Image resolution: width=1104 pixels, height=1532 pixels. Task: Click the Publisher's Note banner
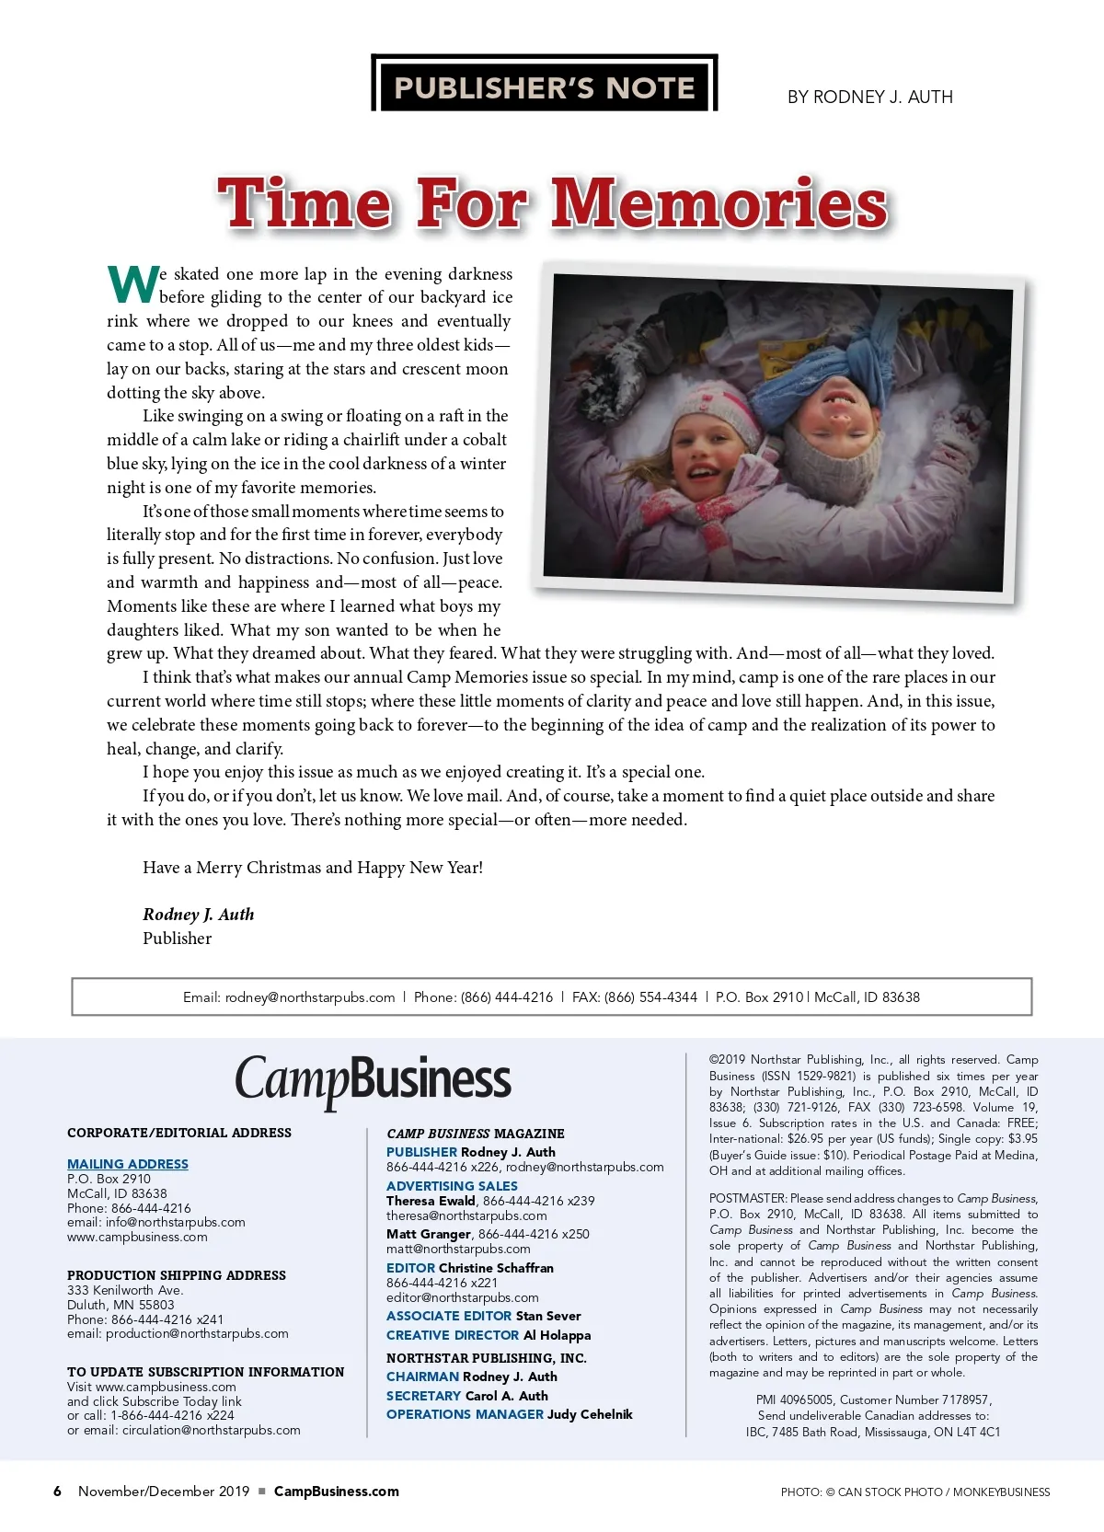tap(544, 86)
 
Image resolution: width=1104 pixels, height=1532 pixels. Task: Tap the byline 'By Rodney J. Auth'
tap(869, 97)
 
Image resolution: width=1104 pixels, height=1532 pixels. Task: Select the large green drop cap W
tap(133, 284)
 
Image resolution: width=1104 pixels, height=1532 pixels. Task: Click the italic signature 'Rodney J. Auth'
tap(198, 914)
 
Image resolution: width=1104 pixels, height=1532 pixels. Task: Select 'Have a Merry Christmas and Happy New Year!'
tap(313, 867)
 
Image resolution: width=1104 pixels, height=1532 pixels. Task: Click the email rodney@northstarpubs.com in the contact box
tap(310, 996)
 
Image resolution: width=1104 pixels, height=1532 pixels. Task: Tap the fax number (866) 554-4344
tap(650, 996)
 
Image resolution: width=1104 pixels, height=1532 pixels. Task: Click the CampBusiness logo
tap(373, 1080)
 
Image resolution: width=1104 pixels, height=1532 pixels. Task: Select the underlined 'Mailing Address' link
tap(128, 1164)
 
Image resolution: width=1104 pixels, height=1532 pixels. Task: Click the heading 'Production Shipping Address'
tap(177, 1275)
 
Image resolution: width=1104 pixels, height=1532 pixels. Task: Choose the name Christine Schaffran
tap(496, 1268)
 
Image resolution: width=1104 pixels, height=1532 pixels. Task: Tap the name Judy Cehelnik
tap(590, 1414)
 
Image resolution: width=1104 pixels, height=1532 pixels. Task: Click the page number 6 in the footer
tap(57, 1492)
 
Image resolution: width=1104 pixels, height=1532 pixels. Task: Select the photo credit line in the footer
tap(914, 1492)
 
